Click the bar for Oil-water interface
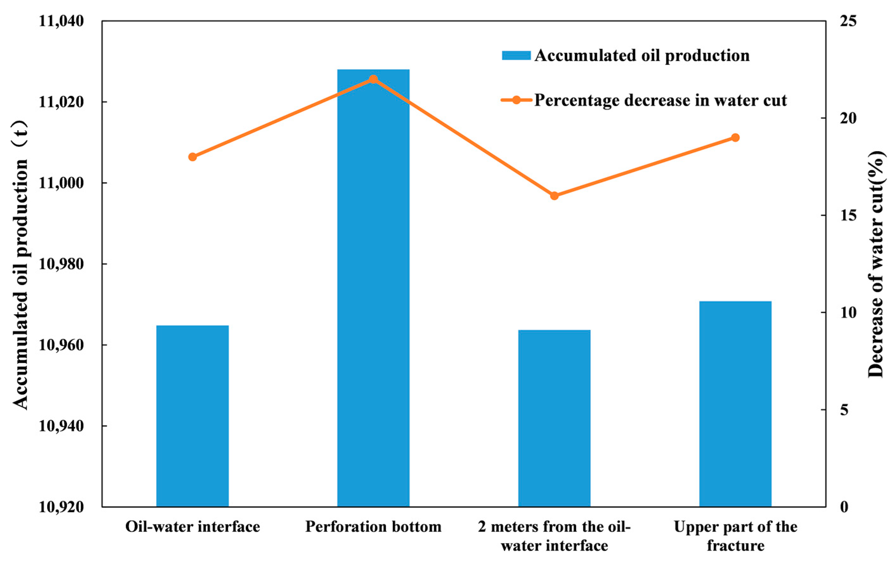pos(192,416)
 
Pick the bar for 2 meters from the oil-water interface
pos(554,418)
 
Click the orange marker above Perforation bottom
pos(373,80)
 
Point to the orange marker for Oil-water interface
pos(192,157)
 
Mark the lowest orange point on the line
pos(554,196)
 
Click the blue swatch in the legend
pos(516,56)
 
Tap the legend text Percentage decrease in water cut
pos(660,100)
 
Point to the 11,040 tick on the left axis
pos(61,21)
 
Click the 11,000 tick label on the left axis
pos(61,183)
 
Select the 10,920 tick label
pos(61,507)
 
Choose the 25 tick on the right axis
pos(848,21)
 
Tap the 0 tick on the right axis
pos(844,507)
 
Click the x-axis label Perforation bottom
pos(373,527)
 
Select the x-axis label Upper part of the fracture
pos(735,536)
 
